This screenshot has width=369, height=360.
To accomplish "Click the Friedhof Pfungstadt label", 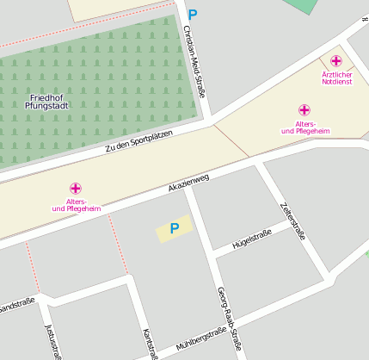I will [47, 102].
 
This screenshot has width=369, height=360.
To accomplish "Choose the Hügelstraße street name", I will [246, 239].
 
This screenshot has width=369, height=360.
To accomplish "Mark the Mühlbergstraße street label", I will [200, 338].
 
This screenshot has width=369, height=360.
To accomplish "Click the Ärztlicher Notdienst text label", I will [336, 78].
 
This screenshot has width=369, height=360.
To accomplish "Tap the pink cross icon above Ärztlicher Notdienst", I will [335, 60].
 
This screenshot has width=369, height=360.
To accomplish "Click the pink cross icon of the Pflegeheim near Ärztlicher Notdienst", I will [304, 109].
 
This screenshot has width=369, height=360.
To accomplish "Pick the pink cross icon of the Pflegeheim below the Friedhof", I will [76, 188].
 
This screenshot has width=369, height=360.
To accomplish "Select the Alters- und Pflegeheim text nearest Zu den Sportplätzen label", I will [77, 205].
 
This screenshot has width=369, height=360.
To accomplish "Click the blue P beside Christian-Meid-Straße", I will [192, 15].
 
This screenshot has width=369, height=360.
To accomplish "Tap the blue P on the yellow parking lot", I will [175, 228].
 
